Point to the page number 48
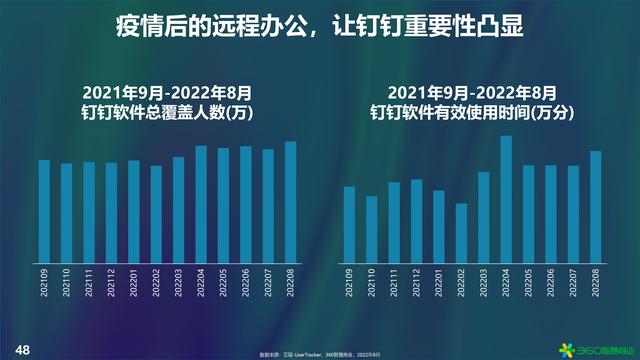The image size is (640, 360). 22,349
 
